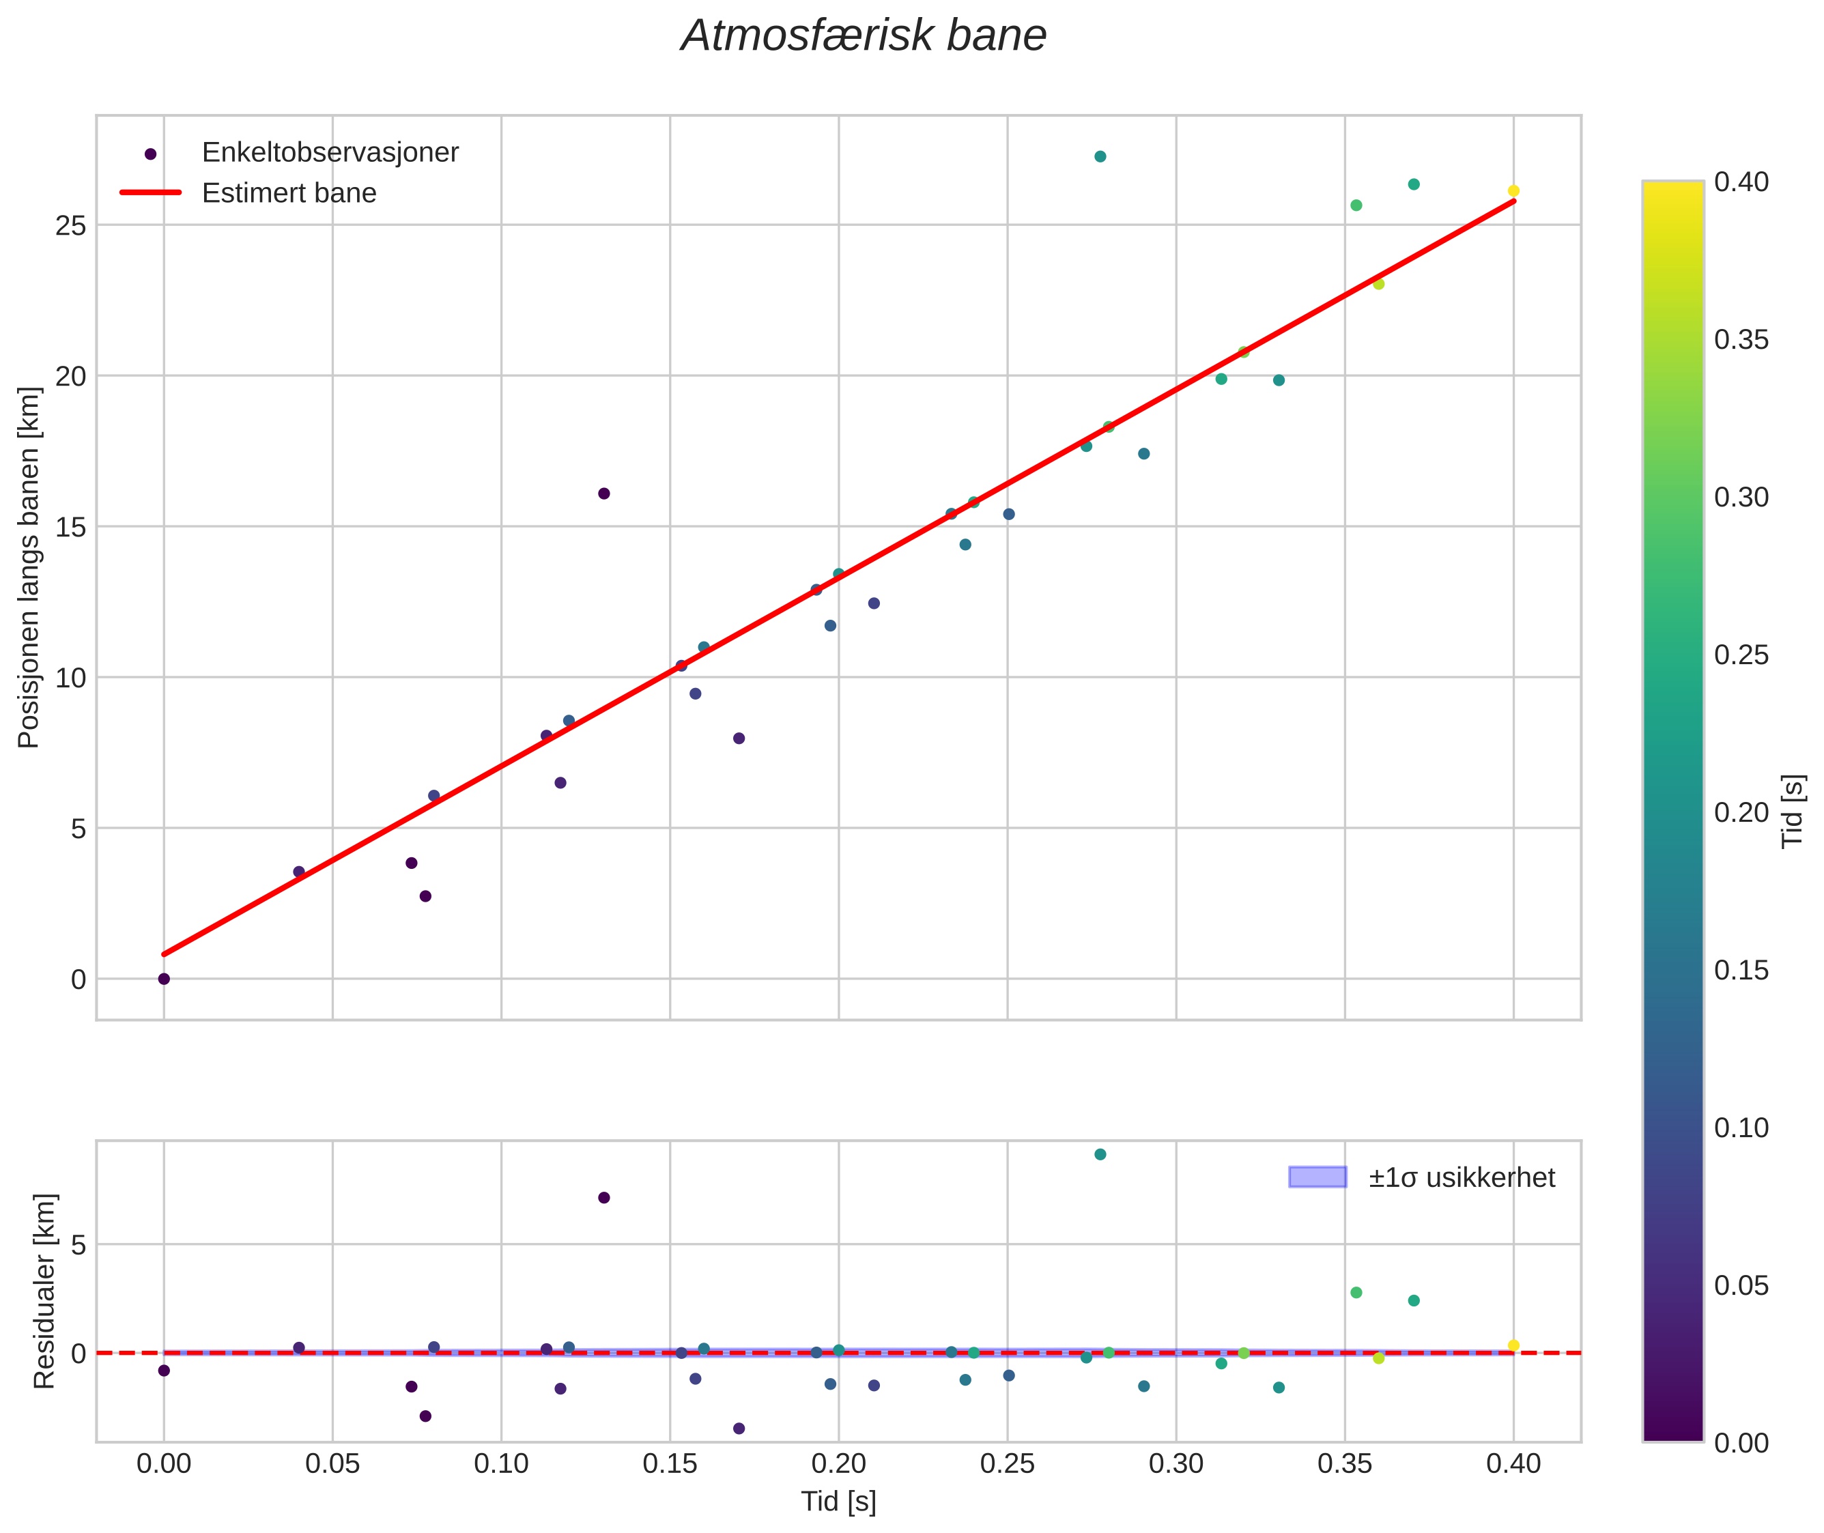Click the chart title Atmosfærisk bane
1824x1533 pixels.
click(863, 36)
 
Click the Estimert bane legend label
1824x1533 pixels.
click(289, 193)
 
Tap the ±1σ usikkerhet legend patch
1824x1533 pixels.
click(1317, 1177)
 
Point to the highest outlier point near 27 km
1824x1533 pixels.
click(1099, 156)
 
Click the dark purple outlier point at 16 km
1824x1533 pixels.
click(604, 493)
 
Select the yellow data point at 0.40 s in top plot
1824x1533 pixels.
click(1513, 191)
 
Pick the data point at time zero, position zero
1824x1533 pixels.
click(163, 979)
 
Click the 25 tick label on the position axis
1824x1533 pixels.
click(70, 226)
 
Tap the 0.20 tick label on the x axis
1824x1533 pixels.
click(838, 1464)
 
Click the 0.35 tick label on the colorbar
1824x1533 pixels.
click(1741, 340)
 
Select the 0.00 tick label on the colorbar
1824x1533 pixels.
click(1741, 1444)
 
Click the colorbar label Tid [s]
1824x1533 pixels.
click(1792, 811)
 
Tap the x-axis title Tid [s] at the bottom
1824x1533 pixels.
click(838, 1502)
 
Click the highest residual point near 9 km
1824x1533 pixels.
click(1099, 1154)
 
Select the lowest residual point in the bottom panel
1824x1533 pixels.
click(739, 1428)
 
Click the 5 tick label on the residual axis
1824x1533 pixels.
click(79, 1244)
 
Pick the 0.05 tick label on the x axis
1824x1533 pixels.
click(332, 1464)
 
